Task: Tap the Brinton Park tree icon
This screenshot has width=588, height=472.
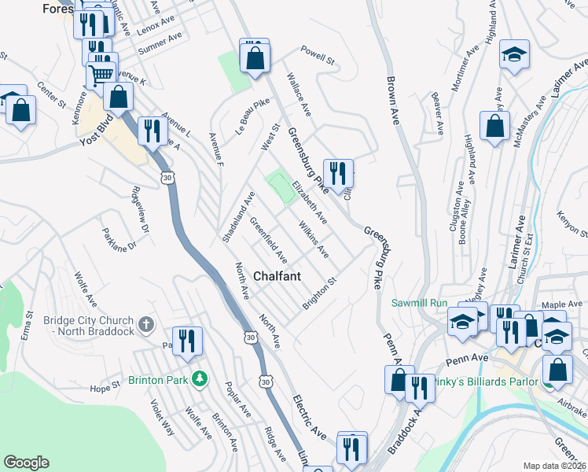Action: point(200,378)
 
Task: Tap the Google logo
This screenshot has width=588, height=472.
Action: point(27,463)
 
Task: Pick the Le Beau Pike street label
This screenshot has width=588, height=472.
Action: point(252,116)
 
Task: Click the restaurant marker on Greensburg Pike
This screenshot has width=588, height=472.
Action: point(338,172)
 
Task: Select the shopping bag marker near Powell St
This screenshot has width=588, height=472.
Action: point(255,57)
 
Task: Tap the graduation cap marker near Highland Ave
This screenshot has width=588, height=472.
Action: point(514,53)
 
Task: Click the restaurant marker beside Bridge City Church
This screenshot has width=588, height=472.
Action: point(187,341)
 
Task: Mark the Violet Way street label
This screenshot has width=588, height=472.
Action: point(164,419)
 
